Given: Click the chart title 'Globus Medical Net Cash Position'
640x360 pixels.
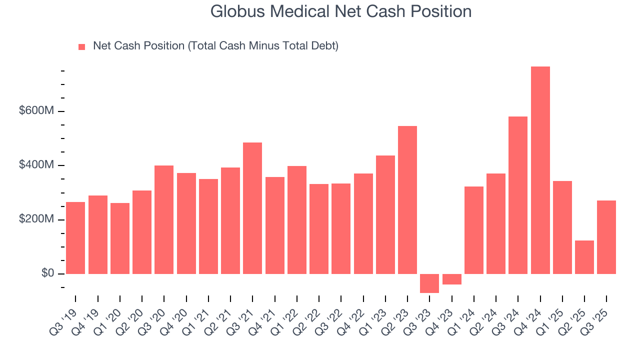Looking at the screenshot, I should pos(341,11).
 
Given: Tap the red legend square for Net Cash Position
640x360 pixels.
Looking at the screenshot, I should pos(82,46).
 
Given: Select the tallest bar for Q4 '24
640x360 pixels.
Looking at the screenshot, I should pos(540,170).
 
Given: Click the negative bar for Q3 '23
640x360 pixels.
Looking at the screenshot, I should pos(429,283).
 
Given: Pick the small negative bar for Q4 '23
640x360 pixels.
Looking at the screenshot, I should pos(452,279).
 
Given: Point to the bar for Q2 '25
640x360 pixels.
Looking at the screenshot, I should pos(584,257).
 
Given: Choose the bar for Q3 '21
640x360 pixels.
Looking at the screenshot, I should pos(252,208).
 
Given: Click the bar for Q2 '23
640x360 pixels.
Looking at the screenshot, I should pos(407,200).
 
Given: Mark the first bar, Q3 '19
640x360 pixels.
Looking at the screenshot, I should pos(75,238).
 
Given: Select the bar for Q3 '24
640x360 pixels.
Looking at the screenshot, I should pos(518,195).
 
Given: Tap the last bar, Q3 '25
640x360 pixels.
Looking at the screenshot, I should pos(606,237).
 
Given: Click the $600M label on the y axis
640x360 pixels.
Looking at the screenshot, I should pos(36,111).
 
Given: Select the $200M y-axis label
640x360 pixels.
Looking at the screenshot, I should pos(36,219).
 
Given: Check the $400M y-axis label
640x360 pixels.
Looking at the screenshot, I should pos(36,165).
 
